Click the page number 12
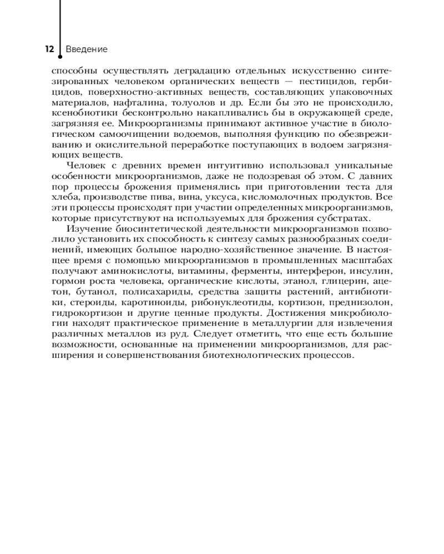49,49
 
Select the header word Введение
87,49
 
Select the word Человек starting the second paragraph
84,166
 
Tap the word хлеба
63,197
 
